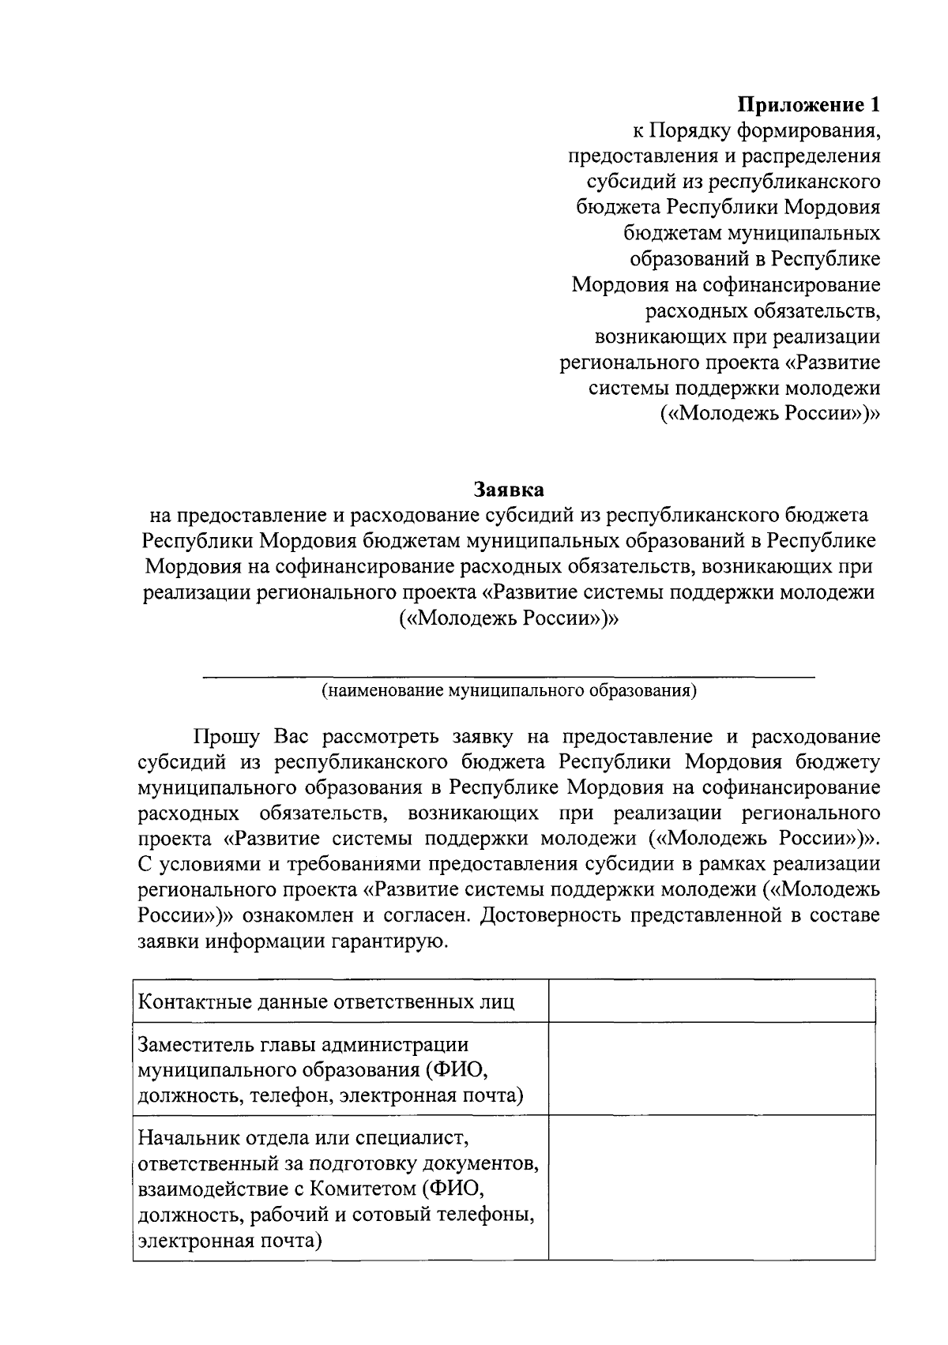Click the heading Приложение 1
pyautogui.click(x=808, y=103)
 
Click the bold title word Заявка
pyautogui.click(x=509, y=490)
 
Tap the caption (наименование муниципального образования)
pyautogui.click(x=509, y=691)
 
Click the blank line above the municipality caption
pyautogui.click(x=509, y=676)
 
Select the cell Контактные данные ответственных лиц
pyautogui.click(x=326, y=1002)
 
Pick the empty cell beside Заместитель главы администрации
pyautogui.click(x=711, y=1069)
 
